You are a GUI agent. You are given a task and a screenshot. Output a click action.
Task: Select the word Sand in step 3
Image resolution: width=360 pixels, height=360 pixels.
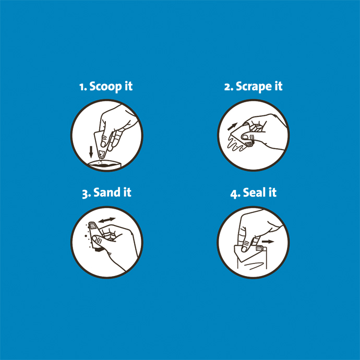106,193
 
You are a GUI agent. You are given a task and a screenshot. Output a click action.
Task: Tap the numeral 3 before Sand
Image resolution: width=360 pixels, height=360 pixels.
86,193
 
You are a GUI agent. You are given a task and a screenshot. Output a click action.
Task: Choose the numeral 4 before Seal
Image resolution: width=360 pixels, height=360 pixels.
234,193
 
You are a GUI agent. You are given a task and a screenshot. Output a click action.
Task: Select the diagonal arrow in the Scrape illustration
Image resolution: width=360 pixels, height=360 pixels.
232,127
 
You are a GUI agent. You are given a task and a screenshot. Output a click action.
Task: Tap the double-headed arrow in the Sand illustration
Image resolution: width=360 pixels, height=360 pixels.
107,221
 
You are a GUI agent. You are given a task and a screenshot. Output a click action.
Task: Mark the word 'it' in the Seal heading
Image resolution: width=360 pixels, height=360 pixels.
272,193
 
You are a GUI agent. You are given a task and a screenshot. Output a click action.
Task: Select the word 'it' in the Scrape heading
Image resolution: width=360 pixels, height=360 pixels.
278,87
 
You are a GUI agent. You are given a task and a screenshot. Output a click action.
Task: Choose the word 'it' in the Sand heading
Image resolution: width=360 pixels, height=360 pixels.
127,193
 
